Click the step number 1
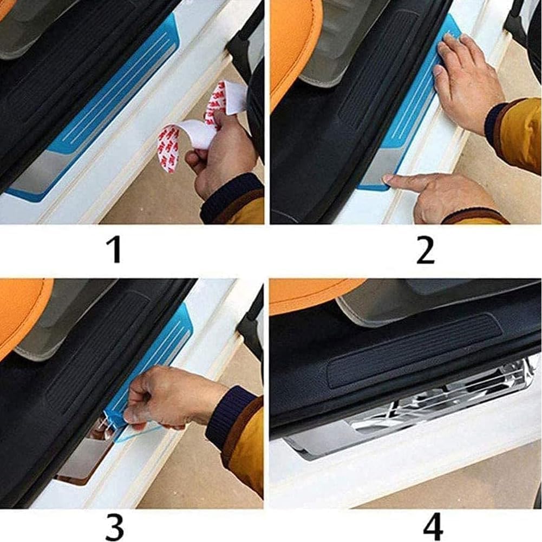pyautogui.click(x=114, y=250)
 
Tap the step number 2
pyautogui.click(x=426, y=250)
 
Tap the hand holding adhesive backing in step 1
pyautogui.click(x=219, y=157)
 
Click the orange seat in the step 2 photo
pyautogui.click(x=292, y=43)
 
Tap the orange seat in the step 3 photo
pyautogui.click(x=22, y=314)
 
